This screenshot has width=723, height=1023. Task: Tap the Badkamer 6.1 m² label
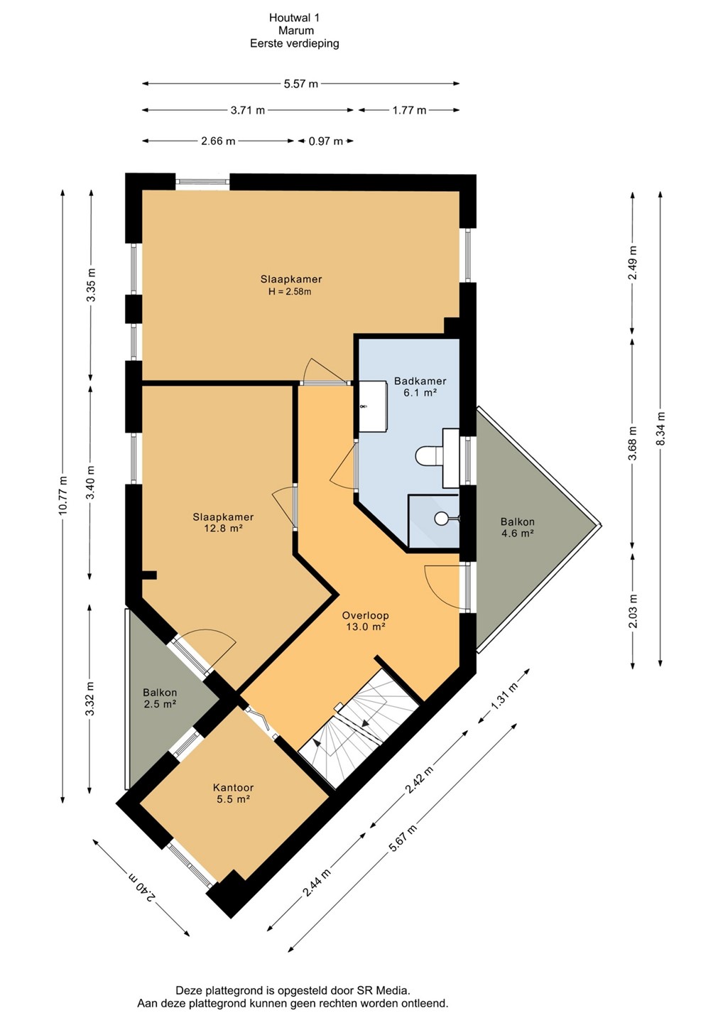(x=420, y=386)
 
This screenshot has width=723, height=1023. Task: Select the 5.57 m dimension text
(x=301, y=84)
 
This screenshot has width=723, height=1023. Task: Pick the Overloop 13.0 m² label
(x=366, y=621)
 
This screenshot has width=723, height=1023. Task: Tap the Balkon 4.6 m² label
(x=518, y=527)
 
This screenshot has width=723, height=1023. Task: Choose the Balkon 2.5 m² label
(x=160, y=698)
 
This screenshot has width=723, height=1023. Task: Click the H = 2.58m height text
(x=290, y=292)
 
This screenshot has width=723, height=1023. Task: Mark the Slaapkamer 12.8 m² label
(x=223, y=522)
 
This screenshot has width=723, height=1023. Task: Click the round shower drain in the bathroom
(x=441, y=519)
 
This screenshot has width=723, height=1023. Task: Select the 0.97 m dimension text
(x=325, y=141)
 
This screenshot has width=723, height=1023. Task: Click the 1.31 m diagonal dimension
(x=504, y=696)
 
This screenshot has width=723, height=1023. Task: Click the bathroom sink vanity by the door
(x=373, y=407)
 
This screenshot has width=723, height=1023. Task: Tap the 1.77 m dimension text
(x=409, y=110)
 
